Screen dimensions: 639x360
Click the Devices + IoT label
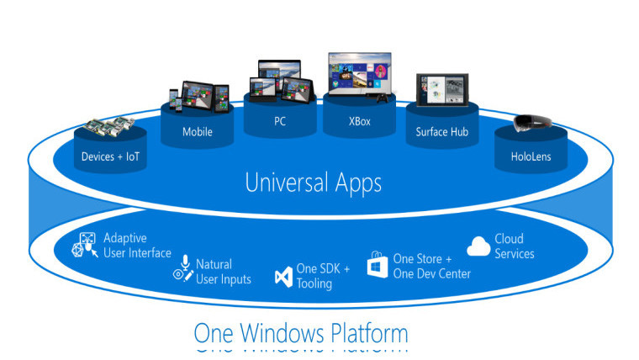point(110,156)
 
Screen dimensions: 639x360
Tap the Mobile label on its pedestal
point(198,132)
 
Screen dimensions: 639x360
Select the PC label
point(280,121)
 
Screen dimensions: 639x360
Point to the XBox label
point(360,121)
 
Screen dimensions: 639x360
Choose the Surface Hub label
point(441,132)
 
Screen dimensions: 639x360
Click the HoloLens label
point(531,156)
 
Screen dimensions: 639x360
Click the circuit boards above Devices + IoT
point(109,126)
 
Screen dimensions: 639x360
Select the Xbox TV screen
point(360,73)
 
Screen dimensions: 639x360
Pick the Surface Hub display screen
point(442,90)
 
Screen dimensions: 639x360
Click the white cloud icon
point(478,246)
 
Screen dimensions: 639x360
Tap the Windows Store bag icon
point(378,265)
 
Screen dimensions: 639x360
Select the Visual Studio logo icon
point(283,277)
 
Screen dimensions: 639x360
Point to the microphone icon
point(186,262)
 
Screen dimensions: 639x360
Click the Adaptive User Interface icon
point(85,245)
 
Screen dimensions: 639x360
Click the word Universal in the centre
point(287,183)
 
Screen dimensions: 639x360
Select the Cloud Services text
point(515,246)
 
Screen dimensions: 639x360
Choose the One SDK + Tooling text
point(323,276)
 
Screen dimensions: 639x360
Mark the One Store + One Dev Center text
point(431,267)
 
